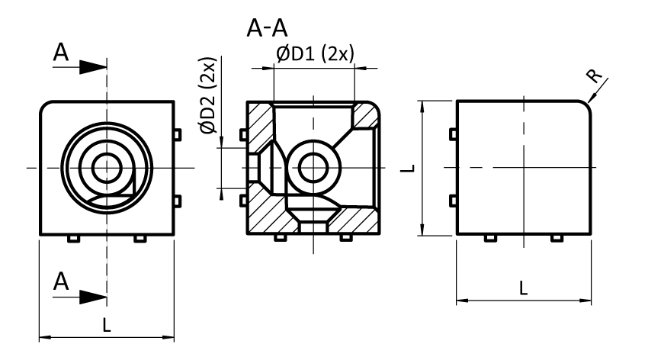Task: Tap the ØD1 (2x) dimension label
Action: click(315, 55)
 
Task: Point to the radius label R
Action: click(595, 75)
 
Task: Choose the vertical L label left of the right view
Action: click(409, 166)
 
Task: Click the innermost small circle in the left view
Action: click(106, 166)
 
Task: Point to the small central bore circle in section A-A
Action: click(313, 166)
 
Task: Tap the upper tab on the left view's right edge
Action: click(178, 134)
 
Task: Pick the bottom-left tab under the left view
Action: click(73, 239)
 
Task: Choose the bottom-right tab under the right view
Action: click(557, 239)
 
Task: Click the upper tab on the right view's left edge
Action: click(453, 134)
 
